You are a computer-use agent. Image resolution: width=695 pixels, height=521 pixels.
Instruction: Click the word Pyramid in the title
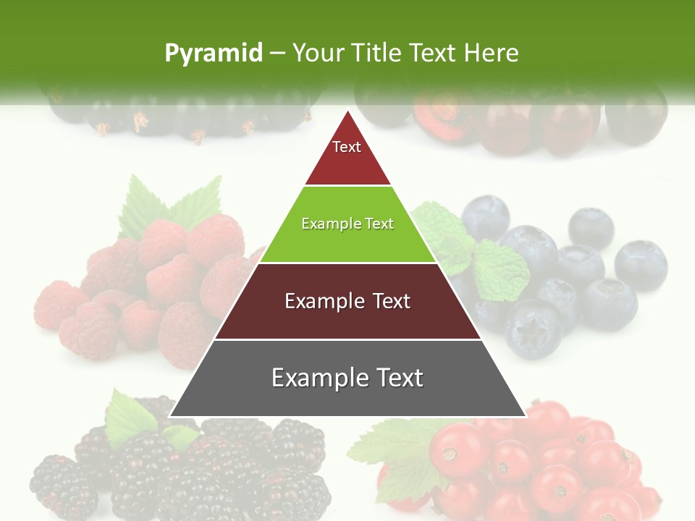click(x=213, y=53)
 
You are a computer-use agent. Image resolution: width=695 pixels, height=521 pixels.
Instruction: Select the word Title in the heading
click(x=375, y=53)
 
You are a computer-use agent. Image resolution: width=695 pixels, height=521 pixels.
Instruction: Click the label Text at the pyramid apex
click(x=346, y=147)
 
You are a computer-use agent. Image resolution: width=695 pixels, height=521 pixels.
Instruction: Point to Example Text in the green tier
click(x=347, y=224)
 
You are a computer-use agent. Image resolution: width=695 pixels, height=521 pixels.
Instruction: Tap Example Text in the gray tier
click(x=347, y=378)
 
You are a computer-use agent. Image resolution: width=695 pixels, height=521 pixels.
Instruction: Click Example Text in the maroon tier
click(x=347, y=301)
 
